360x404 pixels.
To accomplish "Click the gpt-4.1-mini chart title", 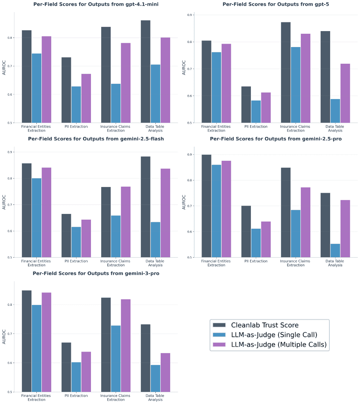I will click(x=96, y=5).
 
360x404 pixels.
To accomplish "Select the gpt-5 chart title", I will click(x=276, y=5).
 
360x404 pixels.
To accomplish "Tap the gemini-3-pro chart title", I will click(x=96, y=273).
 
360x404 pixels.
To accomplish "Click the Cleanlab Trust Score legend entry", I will click(x=265, y=325).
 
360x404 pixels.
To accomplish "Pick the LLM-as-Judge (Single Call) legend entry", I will click(x=274, y=335).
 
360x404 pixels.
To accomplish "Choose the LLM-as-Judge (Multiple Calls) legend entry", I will click(x=279, y=345).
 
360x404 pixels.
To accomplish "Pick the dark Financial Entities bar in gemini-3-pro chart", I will click(x=27, y=341).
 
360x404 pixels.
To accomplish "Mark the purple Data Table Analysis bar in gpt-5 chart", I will click(x=345, y=93).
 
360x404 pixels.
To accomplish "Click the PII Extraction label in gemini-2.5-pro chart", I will click(x=256, y=261).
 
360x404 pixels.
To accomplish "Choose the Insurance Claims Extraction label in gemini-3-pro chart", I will click(x=116, y=398).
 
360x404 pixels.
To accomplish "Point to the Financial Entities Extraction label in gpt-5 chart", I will click(x=216, y=129).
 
